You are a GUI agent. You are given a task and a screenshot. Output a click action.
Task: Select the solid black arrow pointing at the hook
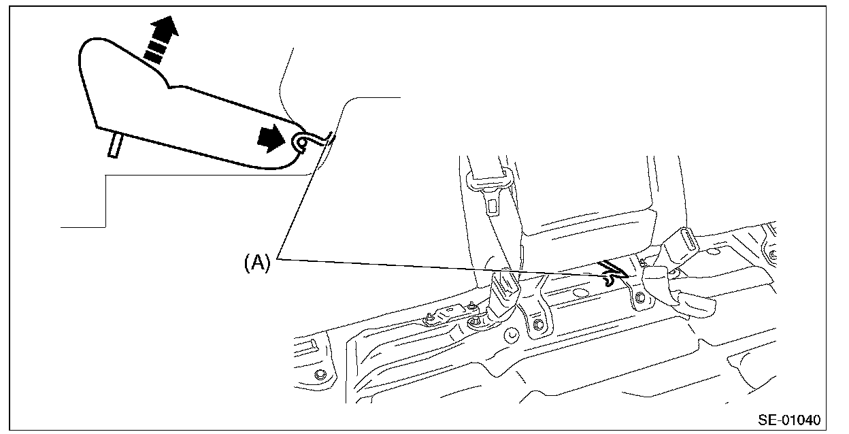271,139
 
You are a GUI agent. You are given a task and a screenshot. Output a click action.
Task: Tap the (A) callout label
257,262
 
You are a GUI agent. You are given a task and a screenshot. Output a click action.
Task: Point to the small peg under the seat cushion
114,145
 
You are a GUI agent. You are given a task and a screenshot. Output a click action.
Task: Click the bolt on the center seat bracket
538,324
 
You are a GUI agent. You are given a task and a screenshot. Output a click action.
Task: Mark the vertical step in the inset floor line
106,201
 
